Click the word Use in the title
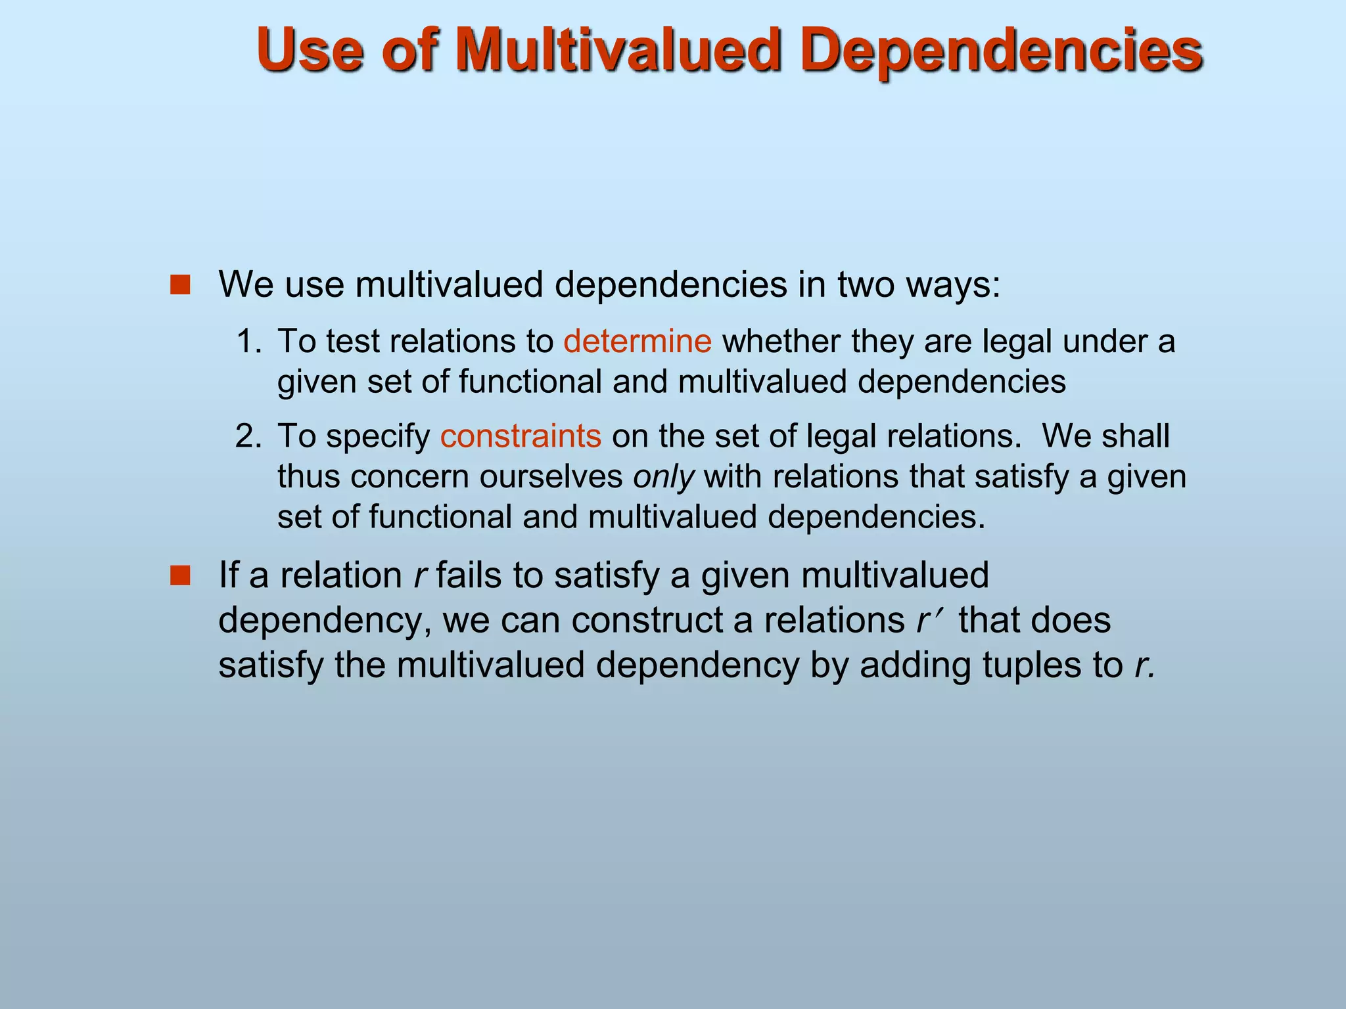click(310, 51)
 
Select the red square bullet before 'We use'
click(179, 285)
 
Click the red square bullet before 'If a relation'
click(179, 576)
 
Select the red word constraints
click(521, 436)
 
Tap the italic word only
click(663, 477)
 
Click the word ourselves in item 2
click(551, 477)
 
